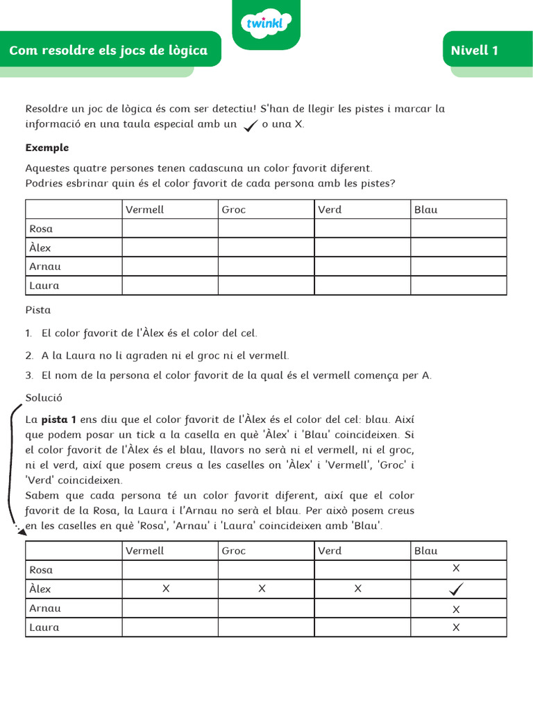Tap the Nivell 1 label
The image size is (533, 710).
474,51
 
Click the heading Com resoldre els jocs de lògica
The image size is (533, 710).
108,51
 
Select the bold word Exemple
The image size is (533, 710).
47,148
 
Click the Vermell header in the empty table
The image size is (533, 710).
144,209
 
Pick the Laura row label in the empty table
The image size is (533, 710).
44,286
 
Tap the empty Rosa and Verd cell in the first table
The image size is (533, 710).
362,229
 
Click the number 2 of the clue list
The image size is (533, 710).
29,356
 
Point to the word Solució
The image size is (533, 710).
44,398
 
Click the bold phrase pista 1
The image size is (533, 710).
58,420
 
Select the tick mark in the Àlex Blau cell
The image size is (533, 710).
456,589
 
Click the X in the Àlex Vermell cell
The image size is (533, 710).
166,589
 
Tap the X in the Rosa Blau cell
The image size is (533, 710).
456,569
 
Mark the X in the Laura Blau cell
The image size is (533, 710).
456,627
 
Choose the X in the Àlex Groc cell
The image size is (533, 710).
262,589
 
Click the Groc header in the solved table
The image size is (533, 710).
234,551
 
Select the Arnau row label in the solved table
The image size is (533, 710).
45,608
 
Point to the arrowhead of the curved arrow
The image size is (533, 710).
21,531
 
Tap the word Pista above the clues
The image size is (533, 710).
38,311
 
